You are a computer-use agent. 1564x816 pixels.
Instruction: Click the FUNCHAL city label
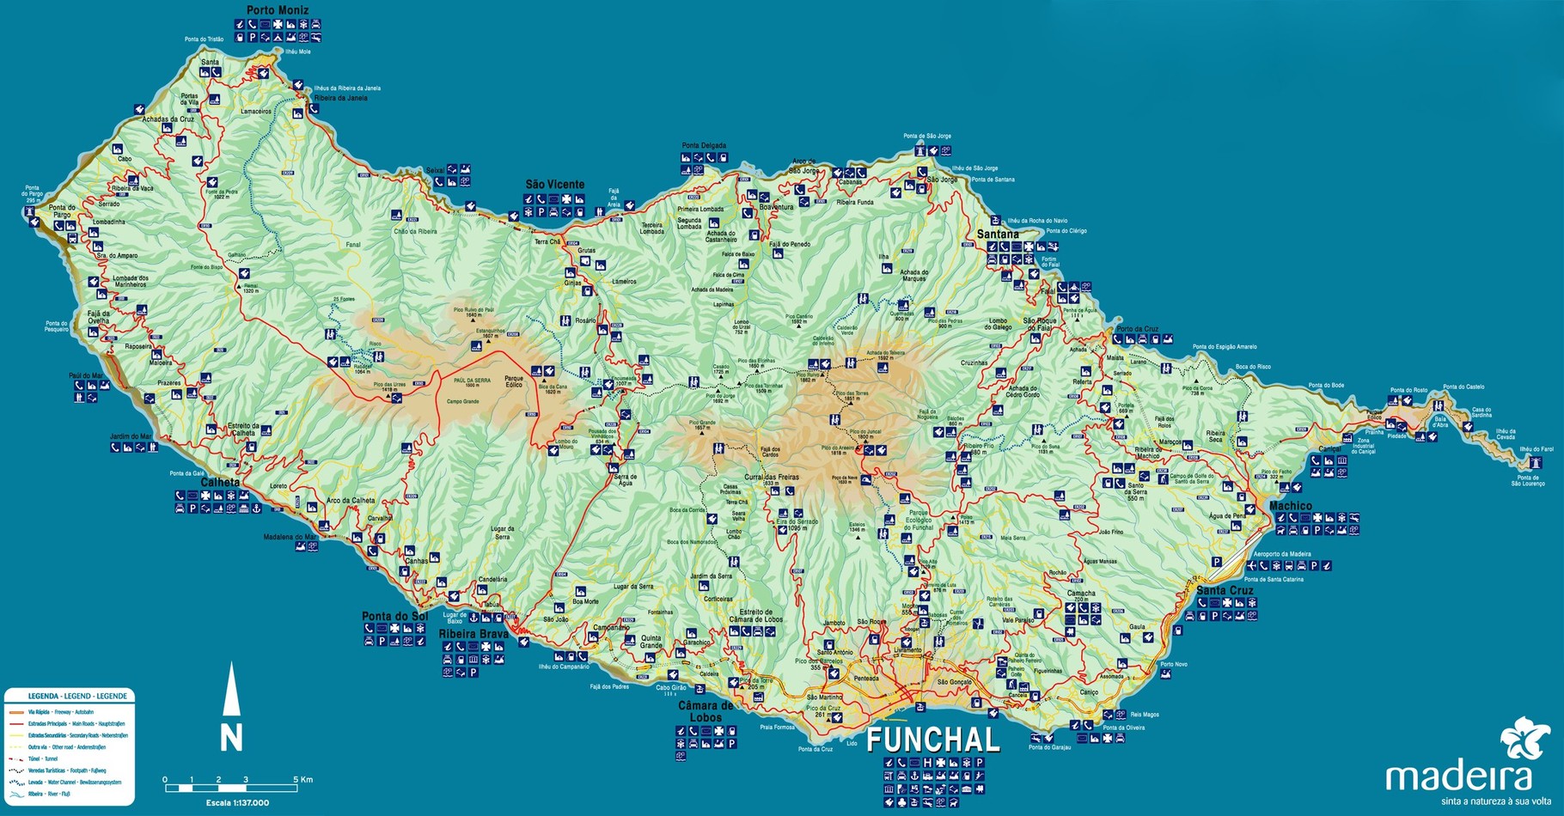(933, 740)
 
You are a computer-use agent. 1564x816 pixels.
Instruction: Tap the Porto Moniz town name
(277, 10)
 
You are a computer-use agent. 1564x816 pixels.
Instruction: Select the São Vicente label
(554, 185)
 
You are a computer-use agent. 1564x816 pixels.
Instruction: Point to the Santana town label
(998, 234)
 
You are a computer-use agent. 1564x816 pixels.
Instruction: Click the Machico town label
(1290, 506)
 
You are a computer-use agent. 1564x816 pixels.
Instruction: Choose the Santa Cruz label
(1225, 590)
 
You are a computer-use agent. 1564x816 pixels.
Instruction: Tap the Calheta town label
(220, 483)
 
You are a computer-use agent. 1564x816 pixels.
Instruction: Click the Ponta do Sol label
(394, 616)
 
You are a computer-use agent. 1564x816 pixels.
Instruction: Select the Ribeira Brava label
(473, 634)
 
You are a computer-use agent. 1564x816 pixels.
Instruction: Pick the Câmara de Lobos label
(706, 711)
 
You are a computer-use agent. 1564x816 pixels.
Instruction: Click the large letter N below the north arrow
(231, 738)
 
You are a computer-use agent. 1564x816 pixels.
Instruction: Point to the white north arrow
(231, 690)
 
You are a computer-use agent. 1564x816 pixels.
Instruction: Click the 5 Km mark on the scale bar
(306, 780)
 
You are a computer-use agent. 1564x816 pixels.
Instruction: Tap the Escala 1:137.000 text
(237, 803)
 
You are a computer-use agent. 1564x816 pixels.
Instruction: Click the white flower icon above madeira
(1524, 740)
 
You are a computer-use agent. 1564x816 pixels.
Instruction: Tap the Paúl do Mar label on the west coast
(86, 375)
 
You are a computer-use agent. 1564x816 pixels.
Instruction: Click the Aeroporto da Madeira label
(1281, 554)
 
